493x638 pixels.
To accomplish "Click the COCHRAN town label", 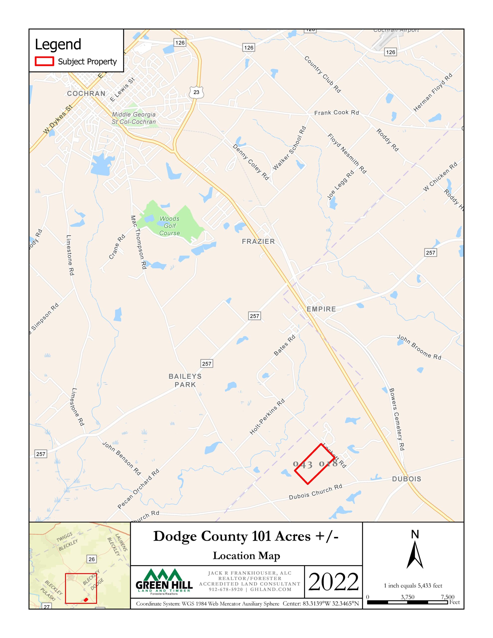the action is click(86, 93).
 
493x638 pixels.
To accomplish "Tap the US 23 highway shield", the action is click(196, 92).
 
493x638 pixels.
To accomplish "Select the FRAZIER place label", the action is click(258, 241).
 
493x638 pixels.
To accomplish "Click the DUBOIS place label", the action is click(407, 479).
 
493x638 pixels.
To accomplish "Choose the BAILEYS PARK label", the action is click(185, 380).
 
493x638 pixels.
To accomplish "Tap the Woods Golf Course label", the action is click(169, 226).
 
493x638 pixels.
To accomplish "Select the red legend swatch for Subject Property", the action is click(44, 61).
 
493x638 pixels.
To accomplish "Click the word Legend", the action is click(58, 44).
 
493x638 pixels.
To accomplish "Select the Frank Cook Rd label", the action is click(336, 112).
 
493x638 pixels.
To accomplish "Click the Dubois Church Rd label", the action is click(315, 492).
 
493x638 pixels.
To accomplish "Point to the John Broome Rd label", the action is click(419, 347).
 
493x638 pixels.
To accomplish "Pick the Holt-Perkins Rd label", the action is click(267, 417).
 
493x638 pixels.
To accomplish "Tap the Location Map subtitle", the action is click(246, 556).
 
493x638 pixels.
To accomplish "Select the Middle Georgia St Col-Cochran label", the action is click(134, 118).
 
